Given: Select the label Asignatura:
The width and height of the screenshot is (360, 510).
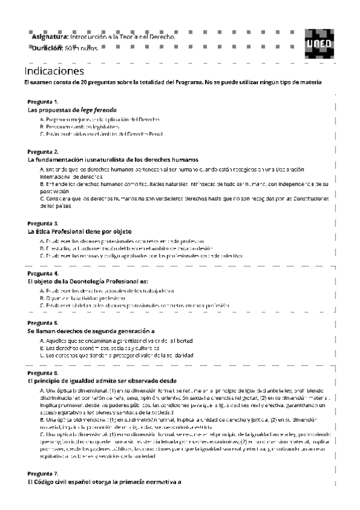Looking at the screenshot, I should click(50, 37).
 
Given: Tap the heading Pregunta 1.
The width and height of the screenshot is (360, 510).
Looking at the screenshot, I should click(43, 102).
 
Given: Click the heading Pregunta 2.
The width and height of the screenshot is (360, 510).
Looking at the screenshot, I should click(43, 152).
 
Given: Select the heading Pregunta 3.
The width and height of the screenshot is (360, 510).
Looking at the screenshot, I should click(43, 223).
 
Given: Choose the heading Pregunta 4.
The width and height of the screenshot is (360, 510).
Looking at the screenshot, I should click(43, 273).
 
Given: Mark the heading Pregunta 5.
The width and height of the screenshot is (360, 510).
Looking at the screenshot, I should click(43, 323).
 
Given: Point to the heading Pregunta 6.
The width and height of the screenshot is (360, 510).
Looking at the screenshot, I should click(43, 373).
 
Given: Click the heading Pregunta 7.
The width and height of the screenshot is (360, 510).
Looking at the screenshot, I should click(43, 473).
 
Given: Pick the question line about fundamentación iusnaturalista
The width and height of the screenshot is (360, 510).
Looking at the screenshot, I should click(113, 160).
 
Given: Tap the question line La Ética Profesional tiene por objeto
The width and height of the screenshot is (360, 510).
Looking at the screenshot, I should click(79, 231).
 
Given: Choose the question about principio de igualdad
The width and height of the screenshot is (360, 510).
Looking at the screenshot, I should click(102, 381).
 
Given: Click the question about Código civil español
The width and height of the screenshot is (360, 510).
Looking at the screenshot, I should click(105, 482).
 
